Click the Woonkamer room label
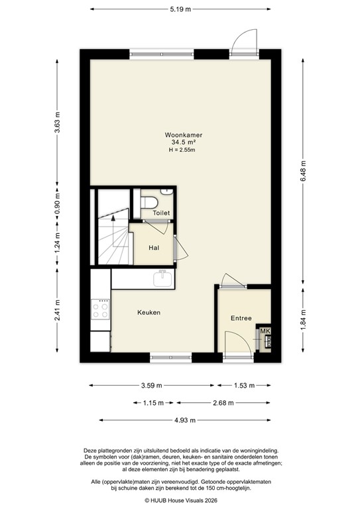(x=184, y=136)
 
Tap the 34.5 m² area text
(x=184, y=142)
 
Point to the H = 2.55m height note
(x=184, y=149)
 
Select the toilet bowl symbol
(x=150, y=201)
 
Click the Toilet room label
(x=161, y=213)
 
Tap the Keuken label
(x=149, y=312)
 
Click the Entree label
(x=241, y=318)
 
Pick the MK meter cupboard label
(x=265, y=331)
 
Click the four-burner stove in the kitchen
(x=101, y=310)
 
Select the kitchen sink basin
(x=163, y=280)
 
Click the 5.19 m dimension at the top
(x=180, y=9)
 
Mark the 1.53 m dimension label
(x=247, y=385)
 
